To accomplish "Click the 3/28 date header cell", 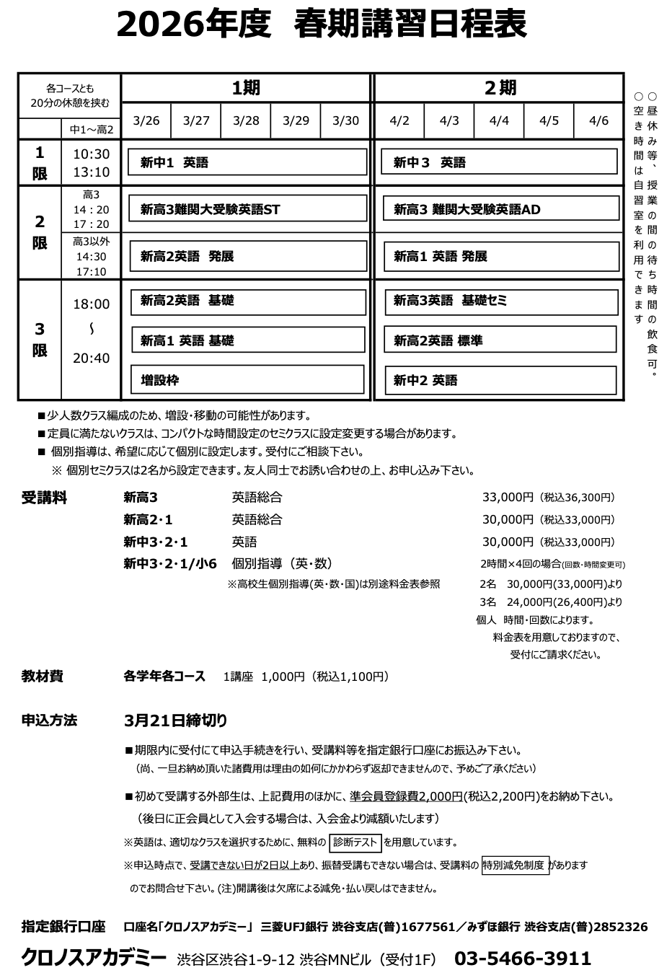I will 246,120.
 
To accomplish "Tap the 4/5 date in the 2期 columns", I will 549,120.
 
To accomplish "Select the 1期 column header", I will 246,88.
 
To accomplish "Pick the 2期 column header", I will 499,88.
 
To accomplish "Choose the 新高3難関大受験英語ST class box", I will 248,209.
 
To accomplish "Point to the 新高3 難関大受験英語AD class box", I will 501,209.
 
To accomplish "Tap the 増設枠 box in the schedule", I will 247,379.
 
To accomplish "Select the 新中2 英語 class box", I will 500,380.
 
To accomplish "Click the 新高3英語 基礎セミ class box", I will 500,301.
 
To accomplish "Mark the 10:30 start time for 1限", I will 91,154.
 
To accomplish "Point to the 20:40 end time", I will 91,358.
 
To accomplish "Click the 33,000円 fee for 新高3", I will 508,497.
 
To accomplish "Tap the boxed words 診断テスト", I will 355,842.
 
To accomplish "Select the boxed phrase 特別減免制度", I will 515,865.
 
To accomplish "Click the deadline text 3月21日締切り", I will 175,720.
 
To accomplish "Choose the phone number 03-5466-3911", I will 523,958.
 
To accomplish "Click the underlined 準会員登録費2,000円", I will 406,796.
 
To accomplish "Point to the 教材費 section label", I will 43,676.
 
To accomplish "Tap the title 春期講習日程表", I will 410,26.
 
